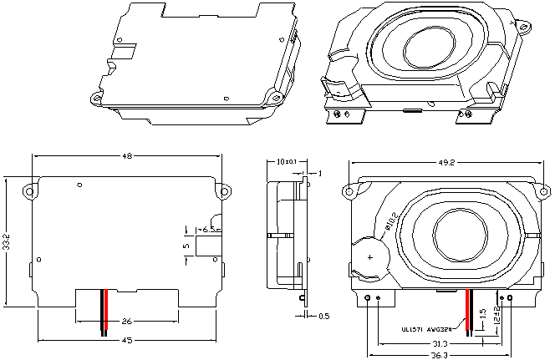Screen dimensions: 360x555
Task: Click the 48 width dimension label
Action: click(x=128, y=156)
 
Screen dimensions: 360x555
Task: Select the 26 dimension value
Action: click(x=127, y=321)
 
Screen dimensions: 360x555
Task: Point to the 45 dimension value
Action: click(x=127, y=340)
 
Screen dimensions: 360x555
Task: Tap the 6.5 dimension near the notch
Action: click(x=210, y=228)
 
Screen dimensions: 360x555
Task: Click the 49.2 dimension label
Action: click(x=446, y=163)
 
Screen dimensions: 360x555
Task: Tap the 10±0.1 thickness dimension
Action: click(x=287, y=161)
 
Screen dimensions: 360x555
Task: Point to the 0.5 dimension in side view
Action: click(x=323, y=316)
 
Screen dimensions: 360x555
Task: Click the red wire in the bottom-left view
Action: click(x=106, y=311)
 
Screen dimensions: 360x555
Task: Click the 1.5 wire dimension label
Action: click(x=482, y=316)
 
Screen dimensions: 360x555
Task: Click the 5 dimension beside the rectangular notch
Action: click(x=186, y=246)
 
